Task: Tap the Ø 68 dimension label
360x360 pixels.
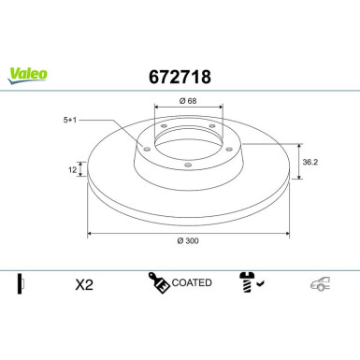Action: coord(187,101)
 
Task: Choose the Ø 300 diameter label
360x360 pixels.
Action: coord(187,240)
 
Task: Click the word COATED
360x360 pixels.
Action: coord(194,282)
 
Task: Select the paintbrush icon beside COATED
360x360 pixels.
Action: coord(157,281)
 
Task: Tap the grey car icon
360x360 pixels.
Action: coord(321,283)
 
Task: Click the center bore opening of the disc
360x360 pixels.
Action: coord(187,140)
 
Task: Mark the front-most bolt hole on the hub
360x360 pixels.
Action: coord(187,165)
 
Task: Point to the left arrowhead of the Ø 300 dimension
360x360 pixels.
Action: coord(91,233)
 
